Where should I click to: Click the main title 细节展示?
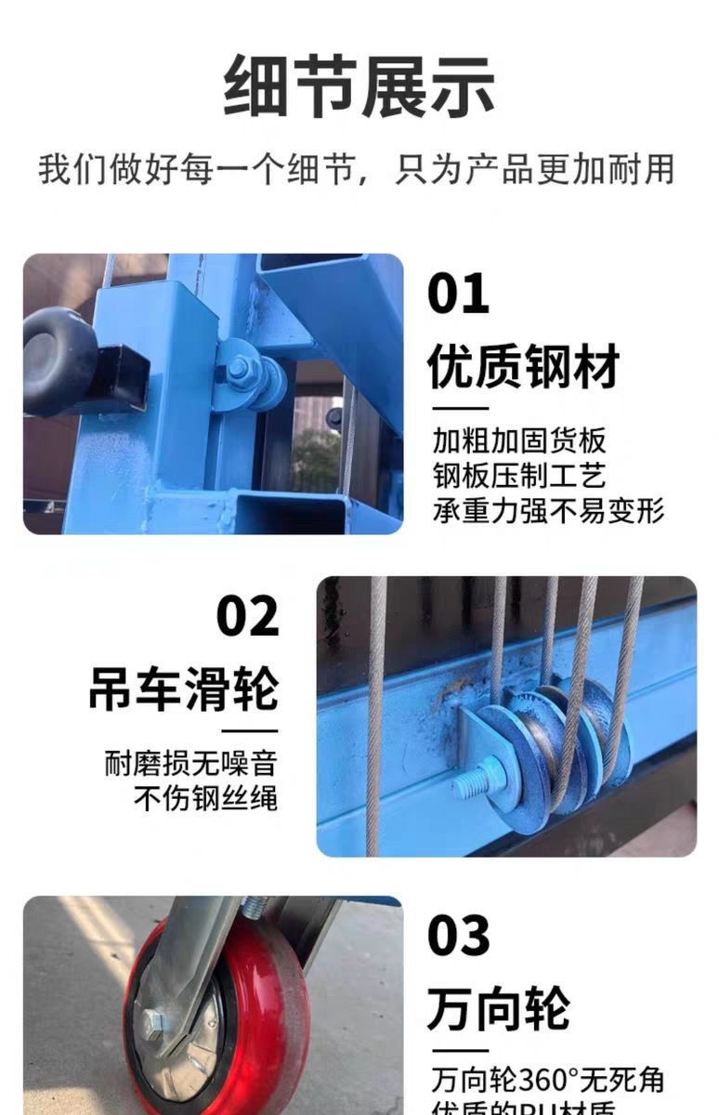[359, 86]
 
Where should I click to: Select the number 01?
[457, 294]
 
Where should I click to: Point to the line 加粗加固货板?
[518, 439]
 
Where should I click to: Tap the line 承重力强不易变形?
[548, 510]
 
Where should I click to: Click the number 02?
[247, 616]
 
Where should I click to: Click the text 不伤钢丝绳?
[205, 798]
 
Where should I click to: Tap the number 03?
[457, 936]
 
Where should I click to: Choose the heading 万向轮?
[498, 1007]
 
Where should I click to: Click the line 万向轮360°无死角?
[547, 1080]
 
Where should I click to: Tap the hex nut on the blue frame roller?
[239, 369]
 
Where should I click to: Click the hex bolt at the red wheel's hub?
[154, 1023]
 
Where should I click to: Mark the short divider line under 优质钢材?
[457, 407]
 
